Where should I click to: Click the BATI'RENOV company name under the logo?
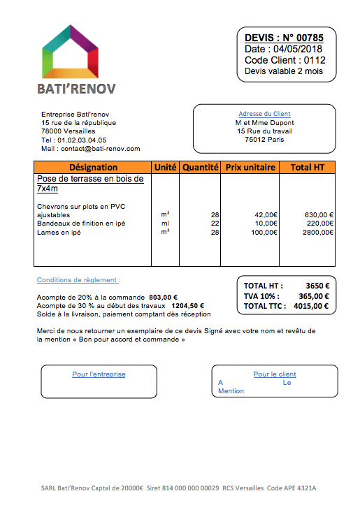[x=76, y=89]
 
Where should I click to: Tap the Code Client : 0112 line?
[x=285, y=60]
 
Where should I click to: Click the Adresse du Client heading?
[x=264, y=114]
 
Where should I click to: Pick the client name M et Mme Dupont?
[x=264, y=122]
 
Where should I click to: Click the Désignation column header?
[x=93, y=168]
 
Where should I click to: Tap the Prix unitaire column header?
[x=250, y=168]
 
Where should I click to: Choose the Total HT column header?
[x=307, y=168]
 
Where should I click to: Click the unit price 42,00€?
[x=265, y=214]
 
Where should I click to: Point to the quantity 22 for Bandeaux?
[x=215, y=224]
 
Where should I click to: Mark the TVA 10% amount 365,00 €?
[x=314, y=295]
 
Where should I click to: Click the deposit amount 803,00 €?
[x=163, y=296]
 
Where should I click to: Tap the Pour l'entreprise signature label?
[x=99, y=374]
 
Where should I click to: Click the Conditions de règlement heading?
[x=78, y=280]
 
